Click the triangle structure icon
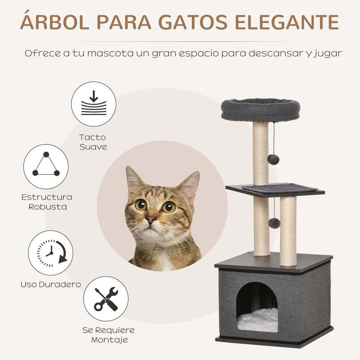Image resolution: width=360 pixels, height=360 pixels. pyautogui.click(x=46, y=167)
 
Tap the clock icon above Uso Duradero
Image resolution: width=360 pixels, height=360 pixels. pyautogui.click(x=50, y=253)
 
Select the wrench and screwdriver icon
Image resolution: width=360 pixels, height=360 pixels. pyautogui.click(x=106, y=299)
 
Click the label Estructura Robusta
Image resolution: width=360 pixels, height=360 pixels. pyautogui.click(x=47, y=202)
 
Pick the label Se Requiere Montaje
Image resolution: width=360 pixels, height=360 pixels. pyautogui.click(x=109, y=335)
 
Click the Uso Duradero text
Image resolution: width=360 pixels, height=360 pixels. pyautogui.click(x=51, y=284)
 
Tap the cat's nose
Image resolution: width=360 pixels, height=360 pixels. pyautogui.click(x=151, y=220)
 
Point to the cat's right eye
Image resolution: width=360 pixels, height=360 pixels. pyautogui.click(x=168, y=207)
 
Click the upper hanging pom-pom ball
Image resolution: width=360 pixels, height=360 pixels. pyautogui.click(x=273, y=159)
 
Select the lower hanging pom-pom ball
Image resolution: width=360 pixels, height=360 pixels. pyautogui.click(x=274, y=223)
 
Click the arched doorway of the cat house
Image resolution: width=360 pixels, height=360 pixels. pyautogui.click(x=257, y=300)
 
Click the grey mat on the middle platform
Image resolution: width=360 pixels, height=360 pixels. pyautogui.click(x=279, y=188)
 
